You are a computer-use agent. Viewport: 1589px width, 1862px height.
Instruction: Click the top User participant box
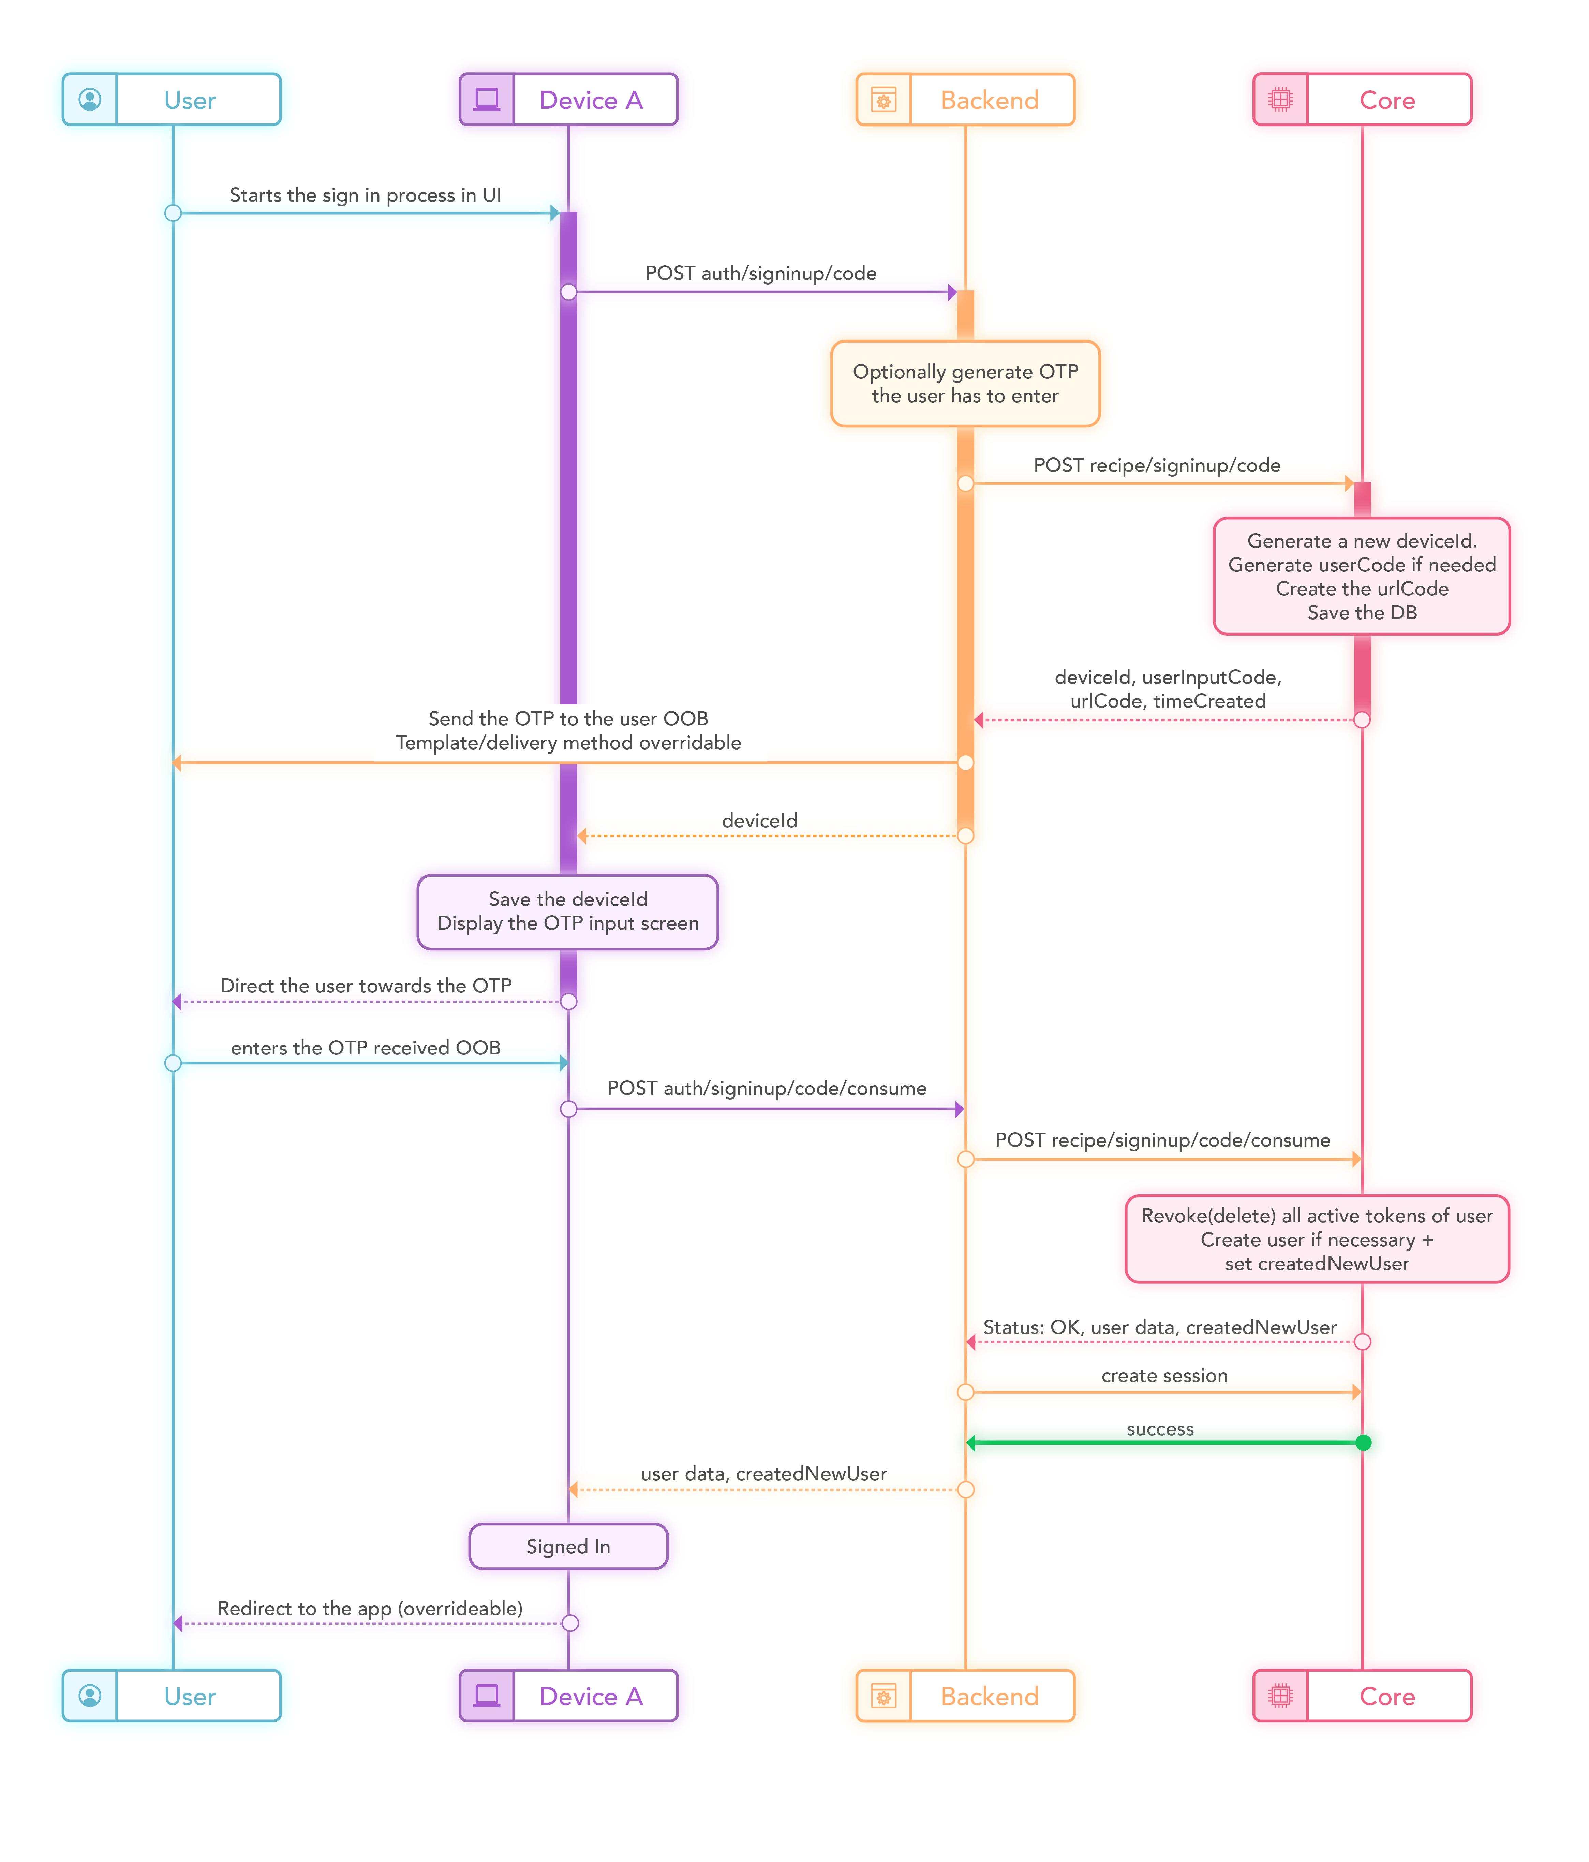click(x=172, y=100)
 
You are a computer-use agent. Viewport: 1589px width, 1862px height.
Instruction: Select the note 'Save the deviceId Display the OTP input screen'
click(x=568, y=911)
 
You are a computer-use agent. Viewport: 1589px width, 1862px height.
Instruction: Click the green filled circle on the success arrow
click(x=1363, y=1442)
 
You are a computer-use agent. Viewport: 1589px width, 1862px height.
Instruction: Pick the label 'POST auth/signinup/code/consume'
click(x=766, y=1088)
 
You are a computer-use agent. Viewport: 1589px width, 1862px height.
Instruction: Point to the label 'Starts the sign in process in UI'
click(x=366, y=195)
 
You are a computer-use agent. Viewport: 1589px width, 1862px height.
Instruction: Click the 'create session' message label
click(x=1164, y=1375)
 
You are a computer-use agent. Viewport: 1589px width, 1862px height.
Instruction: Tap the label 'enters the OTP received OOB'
click(x=366, y=1048)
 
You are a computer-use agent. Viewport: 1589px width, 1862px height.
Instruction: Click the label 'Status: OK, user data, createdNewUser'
click(x=1160, y=1327)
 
